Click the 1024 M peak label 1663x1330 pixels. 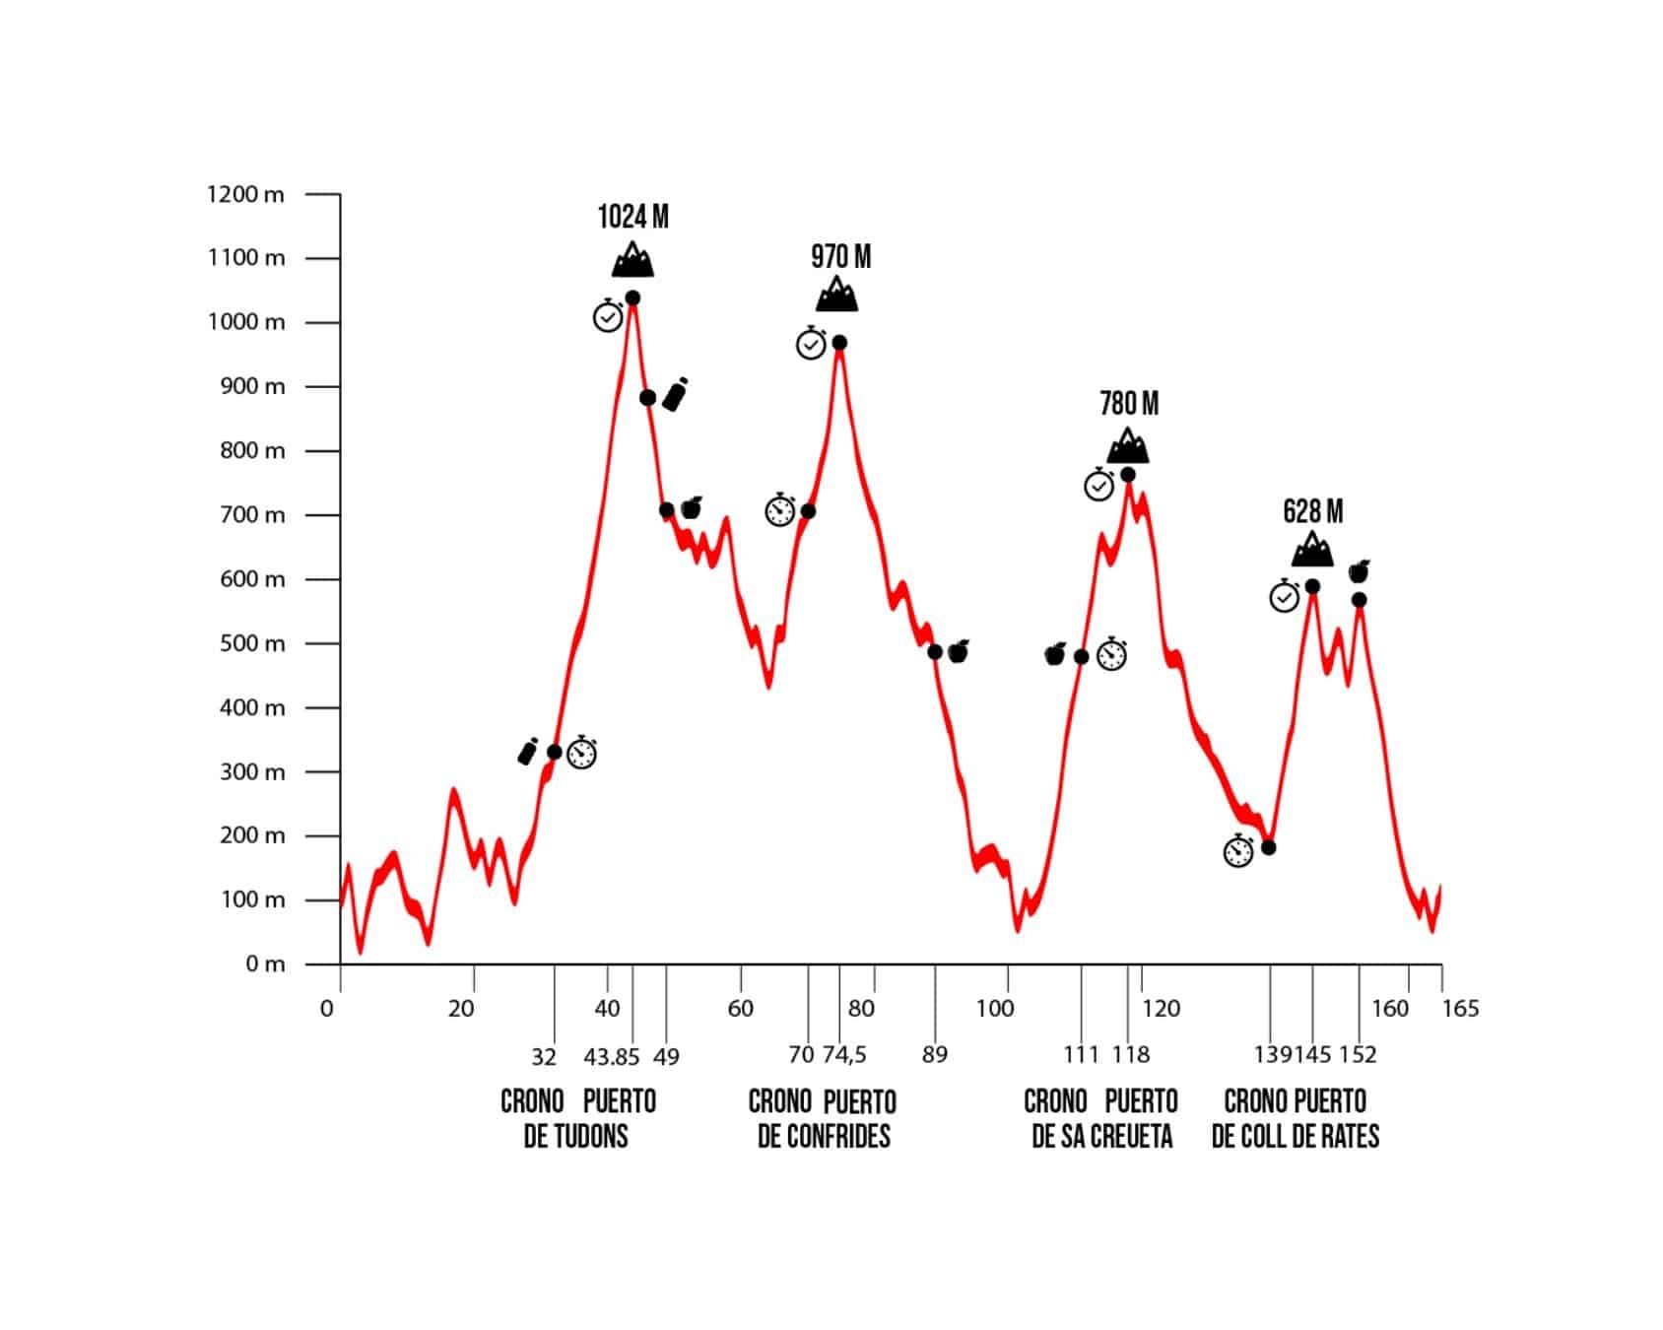[x=632, y=217]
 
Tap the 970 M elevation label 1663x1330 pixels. [x=841, y=257]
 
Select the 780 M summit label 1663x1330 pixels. [x=1129, y=404]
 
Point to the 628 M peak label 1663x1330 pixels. [x=1312, y=511]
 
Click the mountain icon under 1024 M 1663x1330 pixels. [x=632, y=259]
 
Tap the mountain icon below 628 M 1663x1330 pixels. [x=1312, y=549]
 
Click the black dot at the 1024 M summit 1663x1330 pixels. [x=632, y=299]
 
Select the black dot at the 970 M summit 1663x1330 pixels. [x=839, y=343]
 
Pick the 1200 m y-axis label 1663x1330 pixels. [x=245, y=195]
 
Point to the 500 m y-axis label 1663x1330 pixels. [x=252, y=643]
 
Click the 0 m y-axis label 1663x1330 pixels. [x=265, y=964]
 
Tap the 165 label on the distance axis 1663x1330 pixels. [x=1460, y=1009]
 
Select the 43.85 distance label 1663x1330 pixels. [x=612, y=1057]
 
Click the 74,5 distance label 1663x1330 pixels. [x=844, y=1055]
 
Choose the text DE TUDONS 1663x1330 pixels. [x=575, y=1137]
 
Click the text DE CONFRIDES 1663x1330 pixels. [x=824, y=1137]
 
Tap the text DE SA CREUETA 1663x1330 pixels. [x=1102, y=1137]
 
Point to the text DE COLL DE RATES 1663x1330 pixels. [x=1296, y=1137]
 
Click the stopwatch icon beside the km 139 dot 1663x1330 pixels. [x=1238, y=850]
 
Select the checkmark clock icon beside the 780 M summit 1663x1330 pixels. [x=1099, y=484]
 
